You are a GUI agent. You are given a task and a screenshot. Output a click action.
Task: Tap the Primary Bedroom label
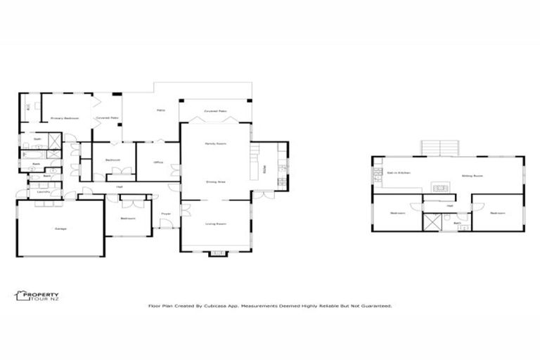click(64, 118)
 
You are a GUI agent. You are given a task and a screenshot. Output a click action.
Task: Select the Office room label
click(158, 163)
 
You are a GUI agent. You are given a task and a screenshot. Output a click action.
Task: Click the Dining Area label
click(215, 181)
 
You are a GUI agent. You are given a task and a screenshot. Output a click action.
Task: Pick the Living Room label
click(215, 224)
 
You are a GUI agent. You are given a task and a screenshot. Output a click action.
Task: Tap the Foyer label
click(166, 213)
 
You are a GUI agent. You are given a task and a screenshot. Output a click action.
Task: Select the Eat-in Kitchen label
click(398, 172)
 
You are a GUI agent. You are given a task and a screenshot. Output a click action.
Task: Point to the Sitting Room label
click(472, 176)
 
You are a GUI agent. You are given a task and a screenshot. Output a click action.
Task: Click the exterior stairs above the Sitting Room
click(439, 147)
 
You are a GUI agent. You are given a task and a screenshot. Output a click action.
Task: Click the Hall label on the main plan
click(119, 186)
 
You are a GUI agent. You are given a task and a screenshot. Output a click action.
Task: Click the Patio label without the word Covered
click(161, 111)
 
